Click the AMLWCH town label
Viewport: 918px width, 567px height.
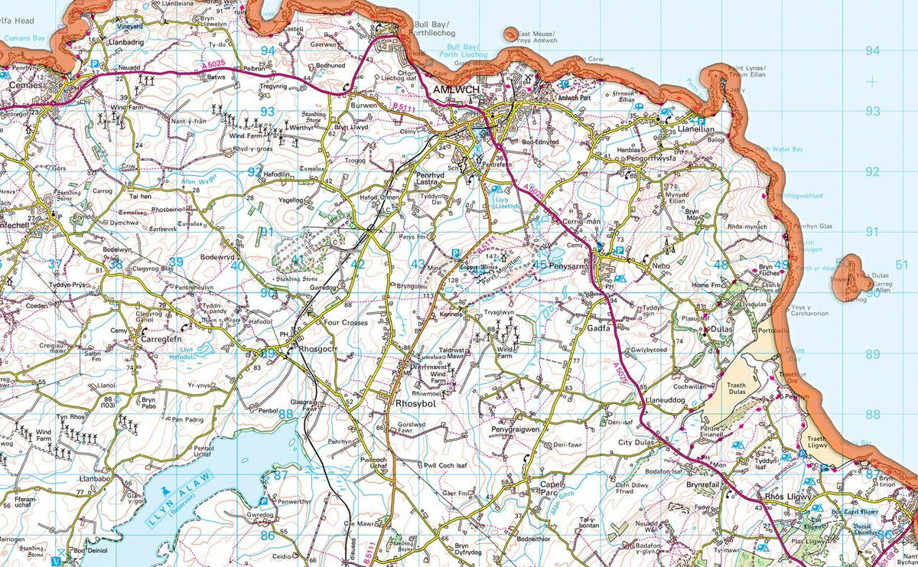click(454, 90)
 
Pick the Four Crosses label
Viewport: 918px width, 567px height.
click(346, 323)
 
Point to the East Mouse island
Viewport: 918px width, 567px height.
click(510, 33)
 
